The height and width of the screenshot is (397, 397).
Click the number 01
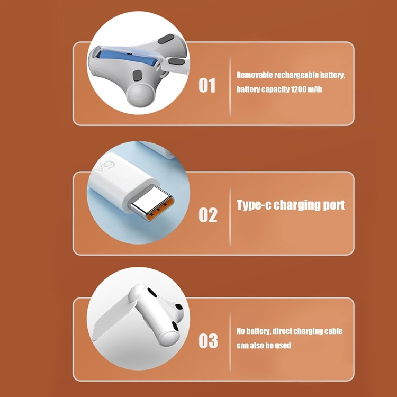207,85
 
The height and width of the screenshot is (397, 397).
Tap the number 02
208,215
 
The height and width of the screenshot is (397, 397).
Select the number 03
208,340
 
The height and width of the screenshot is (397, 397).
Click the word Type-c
254,205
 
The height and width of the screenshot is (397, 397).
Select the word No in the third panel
241,331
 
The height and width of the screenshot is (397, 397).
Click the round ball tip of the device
140,95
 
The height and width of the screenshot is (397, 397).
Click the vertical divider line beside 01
230,87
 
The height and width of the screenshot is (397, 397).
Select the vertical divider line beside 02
230,217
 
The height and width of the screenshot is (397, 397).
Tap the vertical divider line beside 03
230,343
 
